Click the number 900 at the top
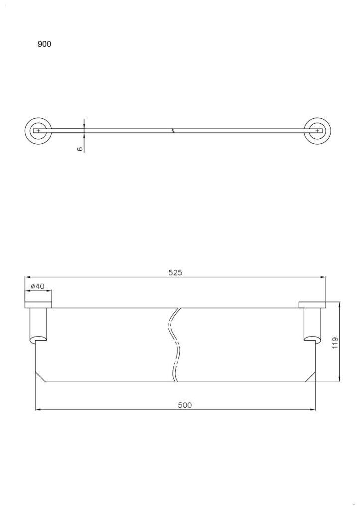tap(44, 44)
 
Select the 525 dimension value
tap(175, 272)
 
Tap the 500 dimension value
tap(185, 405)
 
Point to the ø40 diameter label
tap(38, 286)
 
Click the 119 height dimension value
tap(335, 343)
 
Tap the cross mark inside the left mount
tap(38, 131)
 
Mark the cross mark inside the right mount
tap(317, 131)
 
